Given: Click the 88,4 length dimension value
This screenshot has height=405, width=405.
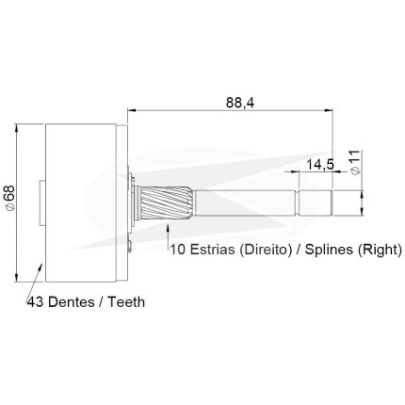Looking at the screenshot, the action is click(240, 103).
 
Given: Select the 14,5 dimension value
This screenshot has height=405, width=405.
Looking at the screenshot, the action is click(320, 164).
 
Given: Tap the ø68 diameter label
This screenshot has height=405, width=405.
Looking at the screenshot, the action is click(9, 198).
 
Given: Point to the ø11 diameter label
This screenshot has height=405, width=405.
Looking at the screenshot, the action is click(355, 162).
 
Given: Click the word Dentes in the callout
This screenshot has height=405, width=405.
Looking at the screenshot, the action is click(72, 302).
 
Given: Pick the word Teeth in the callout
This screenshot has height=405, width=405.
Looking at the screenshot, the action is click(126, 302).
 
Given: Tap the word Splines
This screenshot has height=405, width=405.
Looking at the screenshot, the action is click(330, 250).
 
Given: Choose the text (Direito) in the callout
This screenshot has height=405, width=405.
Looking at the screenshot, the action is click(264, 250).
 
